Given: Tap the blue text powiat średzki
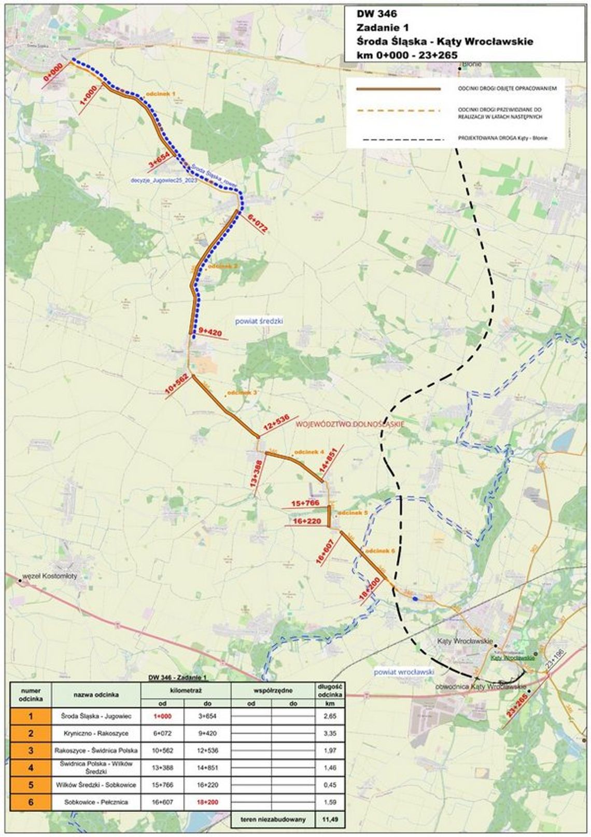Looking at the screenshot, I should tap(259, 321).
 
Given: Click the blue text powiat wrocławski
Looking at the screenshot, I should tap(404, 672).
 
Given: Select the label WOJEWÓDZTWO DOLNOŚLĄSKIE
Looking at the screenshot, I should tap(349, 424).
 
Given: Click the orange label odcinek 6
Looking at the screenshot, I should tap(380, 551).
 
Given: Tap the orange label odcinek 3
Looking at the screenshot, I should tap(242, 393).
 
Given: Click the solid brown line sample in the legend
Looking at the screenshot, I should tap(398, 89).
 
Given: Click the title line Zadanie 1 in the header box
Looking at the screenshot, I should tap(382, 28).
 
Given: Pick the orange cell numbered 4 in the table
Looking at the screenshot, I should tap(31, 767).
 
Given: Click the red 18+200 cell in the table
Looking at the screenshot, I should tap(207, 802).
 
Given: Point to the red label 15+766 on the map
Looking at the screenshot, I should tap(305, 503).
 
